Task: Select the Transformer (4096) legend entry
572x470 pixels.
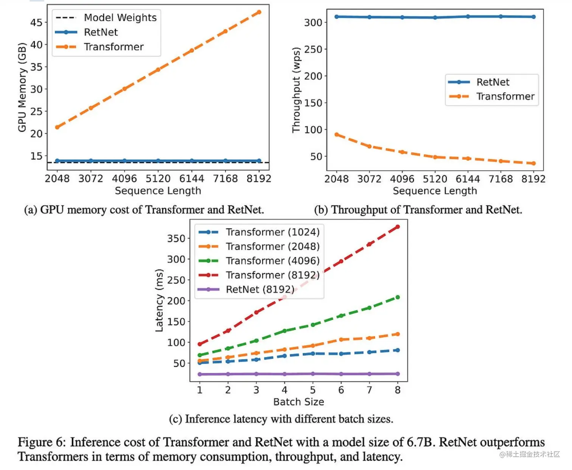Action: click(272, 261)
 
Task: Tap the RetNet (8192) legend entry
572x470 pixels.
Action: click(260, 289)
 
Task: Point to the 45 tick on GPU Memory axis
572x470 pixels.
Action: click(36, 22)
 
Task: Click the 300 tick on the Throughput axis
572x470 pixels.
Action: click(313, 22)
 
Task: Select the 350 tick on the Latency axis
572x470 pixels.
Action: click(176, 238)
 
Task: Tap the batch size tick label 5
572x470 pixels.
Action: click(312, 390)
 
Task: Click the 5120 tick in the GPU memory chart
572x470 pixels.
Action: click(158, 178)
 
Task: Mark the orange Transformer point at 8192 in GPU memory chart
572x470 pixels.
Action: click(259, 12)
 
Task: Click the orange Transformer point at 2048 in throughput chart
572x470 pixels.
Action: click(337, 135)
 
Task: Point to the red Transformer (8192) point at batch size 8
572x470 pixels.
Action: click(398, 227)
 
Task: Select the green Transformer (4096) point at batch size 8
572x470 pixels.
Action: click(398, 297)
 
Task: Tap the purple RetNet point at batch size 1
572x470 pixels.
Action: click(200, 374)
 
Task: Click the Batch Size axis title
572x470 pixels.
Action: click(298, 402)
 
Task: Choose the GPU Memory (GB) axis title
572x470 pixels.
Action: click(22, 87)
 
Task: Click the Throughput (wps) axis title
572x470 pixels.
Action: click(296, 90)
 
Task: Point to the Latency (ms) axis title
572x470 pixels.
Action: click(159, 300)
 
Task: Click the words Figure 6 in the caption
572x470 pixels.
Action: click(42, 442)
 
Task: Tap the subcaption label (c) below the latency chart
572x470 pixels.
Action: click(176, 419)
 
